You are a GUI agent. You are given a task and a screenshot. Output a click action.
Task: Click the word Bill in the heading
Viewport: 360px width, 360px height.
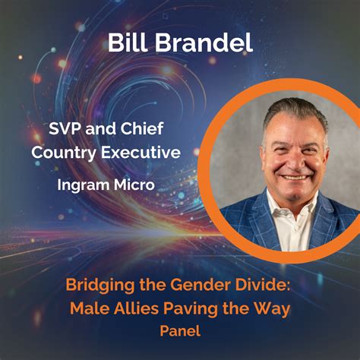[128, 43]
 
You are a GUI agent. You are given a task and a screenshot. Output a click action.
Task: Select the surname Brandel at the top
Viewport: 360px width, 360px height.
[204, 43]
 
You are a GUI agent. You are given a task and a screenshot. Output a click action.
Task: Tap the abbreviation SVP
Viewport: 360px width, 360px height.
[65, 128]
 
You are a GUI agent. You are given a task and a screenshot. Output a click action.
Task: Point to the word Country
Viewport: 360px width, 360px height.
[64, 153]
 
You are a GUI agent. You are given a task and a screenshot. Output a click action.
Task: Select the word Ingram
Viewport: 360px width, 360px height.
[83, 185]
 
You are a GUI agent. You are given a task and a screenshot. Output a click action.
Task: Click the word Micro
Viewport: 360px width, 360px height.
[134, 185]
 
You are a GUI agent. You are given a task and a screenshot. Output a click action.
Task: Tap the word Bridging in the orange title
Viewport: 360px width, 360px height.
[100, 286]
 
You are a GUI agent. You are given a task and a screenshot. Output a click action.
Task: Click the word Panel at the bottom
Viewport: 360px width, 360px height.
[180, 330]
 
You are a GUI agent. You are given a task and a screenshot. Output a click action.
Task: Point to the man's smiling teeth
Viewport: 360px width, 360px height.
[294, 178]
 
